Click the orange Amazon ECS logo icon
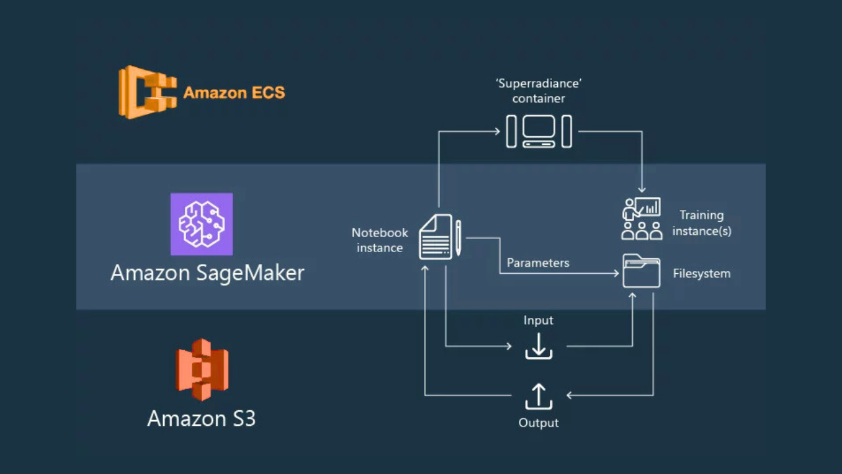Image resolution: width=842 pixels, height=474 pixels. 147,92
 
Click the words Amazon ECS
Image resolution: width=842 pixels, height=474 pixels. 234,93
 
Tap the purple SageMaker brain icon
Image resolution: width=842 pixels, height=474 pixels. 201,224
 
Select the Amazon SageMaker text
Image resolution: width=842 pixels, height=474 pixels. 207,273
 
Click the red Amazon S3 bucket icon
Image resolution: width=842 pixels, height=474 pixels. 202,369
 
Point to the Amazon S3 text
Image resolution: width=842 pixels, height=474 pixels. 201,419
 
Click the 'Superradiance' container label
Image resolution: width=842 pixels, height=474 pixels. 539,92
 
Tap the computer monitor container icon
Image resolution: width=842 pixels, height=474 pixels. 539,131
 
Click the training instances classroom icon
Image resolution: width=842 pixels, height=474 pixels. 641,218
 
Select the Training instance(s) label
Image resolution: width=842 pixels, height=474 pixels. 701,223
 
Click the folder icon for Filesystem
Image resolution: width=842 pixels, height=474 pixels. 641,271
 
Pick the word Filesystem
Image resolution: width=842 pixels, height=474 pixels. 701,273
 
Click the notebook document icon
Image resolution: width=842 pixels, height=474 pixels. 435,237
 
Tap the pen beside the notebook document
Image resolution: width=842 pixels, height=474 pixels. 458,238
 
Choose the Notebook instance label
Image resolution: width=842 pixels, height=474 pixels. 380,240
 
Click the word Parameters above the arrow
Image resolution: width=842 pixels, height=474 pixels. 537,263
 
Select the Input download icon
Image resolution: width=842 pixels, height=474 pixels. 539,346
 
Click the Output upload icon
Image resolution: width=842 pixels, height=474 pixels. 539,396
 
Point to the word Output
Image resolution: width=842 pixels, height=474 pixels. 539,423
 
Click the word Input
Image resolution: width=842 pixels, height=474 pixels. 538,321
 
